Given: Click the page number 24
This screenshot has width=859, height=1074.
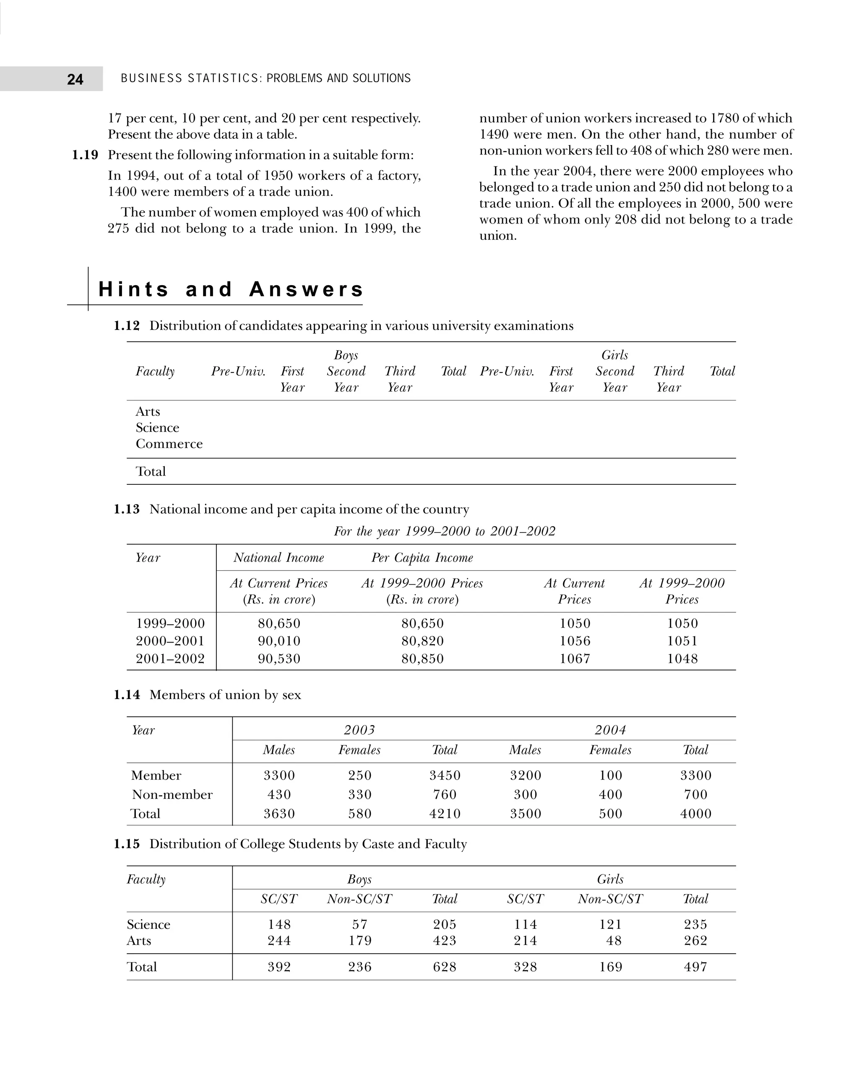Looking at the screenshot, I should pos(75,79).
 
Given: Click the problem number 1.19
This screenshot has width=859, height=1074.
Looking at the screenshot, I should pos(85,155).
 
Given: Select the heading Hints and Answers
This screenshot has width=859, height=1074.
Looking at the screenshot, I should pos(231,289).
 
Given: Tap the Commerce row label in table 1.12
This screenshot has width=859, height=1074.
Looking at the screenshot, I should pos(169,444).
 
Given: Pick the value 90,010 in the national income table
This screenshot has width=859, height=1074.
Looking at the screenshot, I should pos(279,641).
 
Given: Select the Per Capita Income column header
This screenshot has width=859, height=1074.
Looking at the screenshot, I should pos(422,557).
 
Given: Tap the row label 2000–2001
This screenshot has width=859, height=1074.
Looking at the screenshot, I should pos(170,641).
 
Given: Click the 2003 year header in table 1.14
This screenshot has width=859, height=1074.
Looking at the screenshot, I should pos(359,730).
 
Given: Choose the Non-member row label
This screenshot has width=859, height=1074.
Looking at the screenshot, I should pos(172,795).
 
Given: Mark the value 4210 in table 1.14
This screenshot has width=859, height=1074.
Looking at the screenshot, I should pos(445,814).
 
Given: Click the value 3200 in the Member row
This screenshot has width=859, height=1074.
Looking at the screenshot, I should pos(525,775).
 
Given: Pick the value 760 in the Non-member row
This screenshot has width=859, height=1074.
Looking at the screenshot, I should pos(445,795).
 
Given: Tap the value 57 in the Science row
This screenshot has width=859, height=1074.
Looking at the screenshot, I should pos(359,925).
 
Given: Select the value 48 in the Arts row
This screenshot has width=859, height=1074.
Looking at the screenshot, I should pos(614,941).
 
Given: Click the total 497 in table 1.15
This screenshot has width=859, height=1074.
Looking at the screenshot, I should pos(695,967).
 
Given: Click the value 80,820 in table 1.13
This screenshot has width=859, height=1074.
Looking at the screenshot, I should pos(422,641).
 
